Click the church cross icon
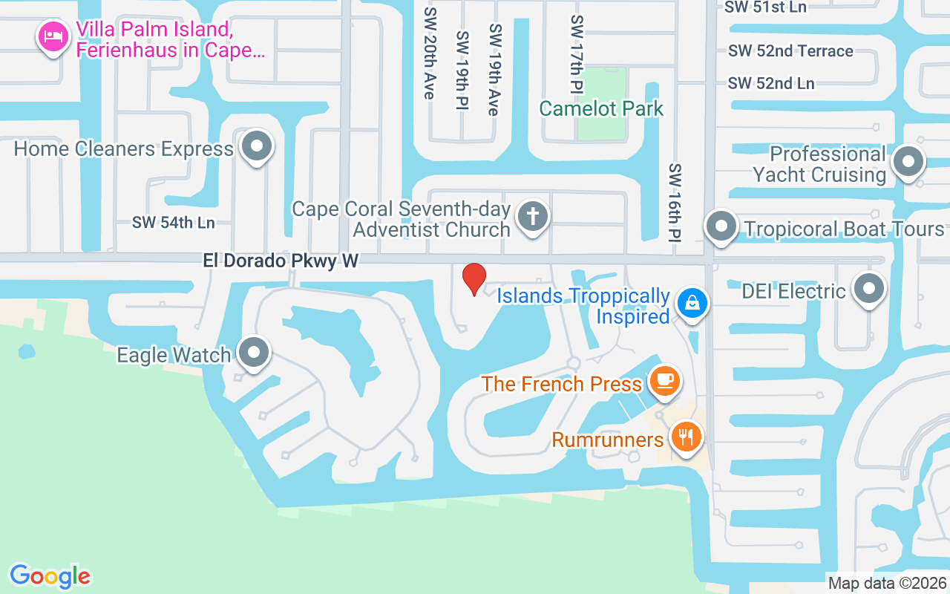(532, 217)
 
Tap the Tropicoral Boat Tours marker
(720, 227)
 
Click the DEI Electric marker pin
(868, 289)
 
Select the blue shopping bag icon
(692, 304)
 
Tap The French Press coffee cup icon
(664, 382)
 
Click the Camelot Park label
(601, 109)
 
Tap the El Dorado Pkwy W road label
(281, 261)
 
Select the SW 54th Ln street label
(173, 222)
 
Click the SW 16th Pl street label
(675, 203)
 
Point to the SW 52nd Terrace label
(790, 51)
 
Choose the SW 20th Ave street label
(429, 53)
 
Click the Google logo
(50, 576)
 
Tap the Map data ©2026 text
(888, 584)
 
